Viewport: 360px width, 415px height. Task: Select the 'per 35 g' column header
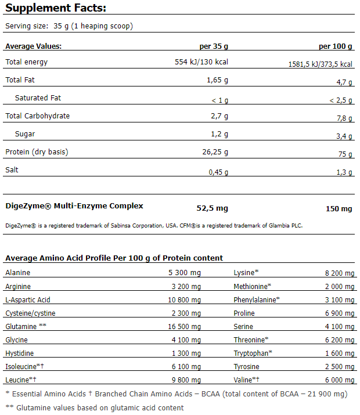(x=213, y=46)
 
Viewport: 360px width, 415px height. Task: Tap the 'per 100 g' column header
(x=335, y=46)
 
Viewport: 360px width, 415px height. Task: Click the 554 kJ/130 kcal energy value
(x=201, y=62)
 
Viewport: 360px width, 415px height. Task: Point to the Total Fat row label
(x=21, y=80)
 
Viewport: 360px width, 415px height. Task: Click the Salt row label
(x=12, y=170)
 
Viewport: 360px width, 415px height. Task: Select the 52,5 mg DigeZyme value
(x=213, y=208)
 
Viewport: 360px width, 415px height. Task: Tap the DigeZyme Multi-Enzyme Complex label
(x=74, y=205)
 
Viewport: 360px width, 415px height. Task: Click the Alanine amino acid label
(x=18, y=272)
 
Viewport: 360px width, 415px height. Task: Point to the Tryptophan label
(x=253, y=353)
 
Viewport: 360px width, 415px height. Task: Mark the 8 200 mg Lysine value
(x=339, y=273)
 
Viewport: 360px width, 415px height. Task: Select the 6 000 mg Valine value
(x=339, y=380)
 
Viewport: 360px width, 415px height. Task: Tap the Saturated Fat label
(x=38, y=98)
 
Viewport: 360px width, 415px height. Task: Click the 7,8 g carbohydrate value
(x=344, y=118)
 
